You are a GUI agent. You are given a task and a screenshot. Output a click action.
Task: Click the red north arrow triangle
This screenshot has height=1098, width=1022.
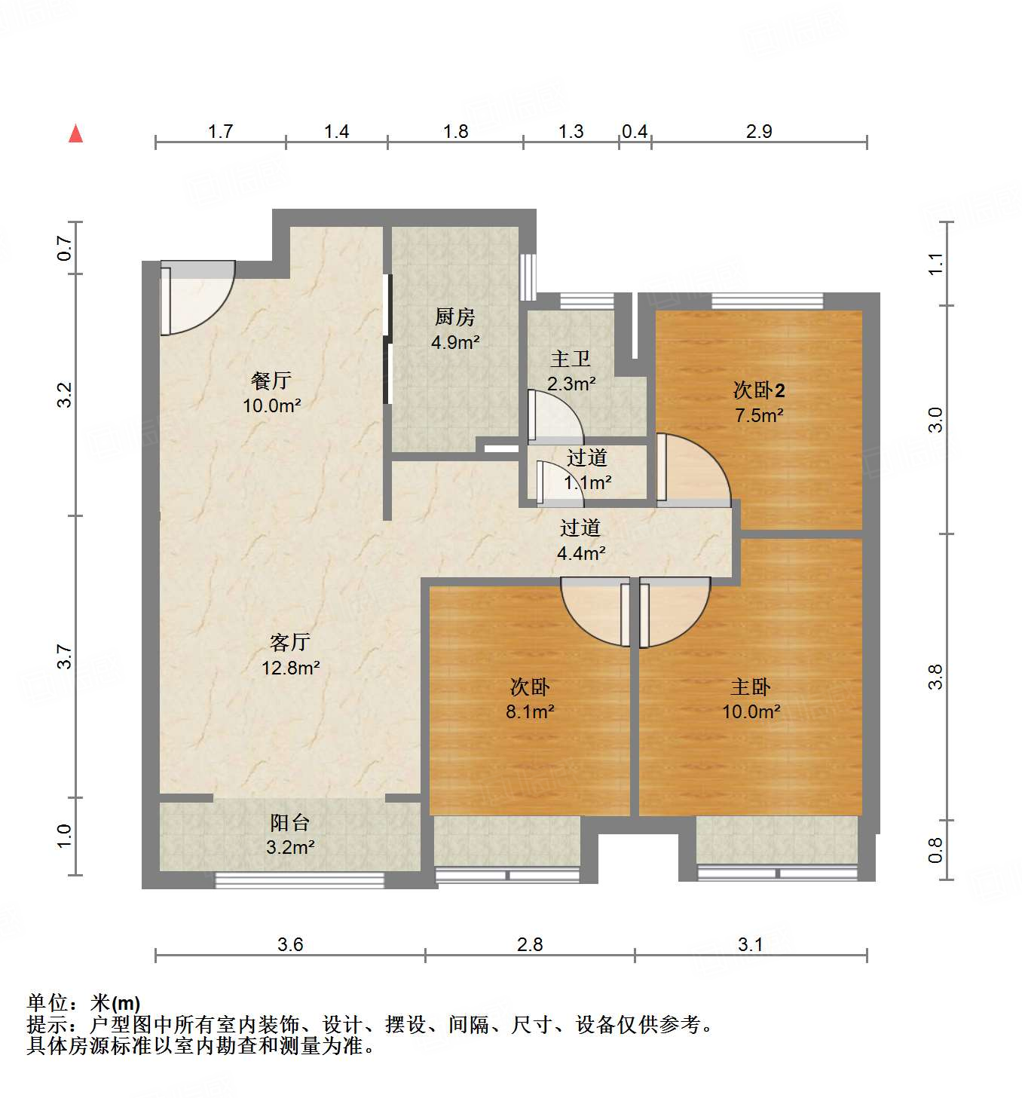[x=75, y=134]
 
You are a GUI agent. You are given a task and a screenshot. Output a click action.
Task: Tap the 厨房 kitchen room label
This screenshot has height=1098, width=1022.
[x=455, y=317]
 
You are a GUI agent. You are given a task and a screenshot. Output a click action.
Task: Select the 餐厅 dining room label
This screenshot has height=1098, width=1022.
[x=271, y=381]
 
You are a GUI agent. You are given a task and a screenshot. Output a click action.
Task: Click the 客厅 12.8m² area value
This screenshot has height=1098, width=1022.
[x=291, y=668]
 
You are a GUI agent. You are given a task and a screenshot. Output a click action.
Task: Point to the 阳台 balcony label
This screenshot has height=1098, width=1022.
[x=290, y=822]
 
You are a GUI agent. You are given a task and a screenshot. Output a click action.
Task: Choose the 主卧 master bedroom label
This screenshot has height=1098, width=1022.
[x=751, y=687]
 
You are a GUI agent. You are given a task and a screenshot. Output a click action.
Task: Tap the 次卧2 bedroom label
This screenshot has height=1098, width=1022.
[x=759, y=390]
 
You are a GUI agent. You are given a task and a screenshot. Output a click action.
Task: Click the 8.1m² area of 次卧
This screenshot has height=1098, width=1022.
[x=531, y=711]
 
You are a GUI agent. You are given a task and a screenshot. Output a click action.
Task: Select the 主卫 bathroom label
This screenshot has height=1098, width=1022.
[x=571, y=359]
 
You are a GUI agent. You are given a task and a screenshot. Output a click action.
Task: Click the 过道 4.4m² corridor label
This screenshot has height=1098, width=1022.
[x=580, y=528]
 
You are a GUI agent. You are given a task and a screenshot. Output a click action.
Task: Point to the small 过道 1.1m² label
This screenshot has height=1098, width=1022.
[x=587, y=457]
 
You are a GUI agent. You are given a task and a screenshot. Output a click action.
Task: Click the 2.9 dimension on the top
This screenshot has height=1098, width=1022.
[x=759, y=131]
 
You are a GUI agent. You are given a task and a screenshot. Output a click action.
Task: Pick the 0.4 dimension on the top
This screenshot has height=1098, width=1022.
[x=635, y=131]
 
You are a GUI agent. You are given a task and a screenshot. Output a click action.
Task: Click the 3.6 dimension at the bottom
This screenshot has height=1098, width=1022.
[x=290, y=944]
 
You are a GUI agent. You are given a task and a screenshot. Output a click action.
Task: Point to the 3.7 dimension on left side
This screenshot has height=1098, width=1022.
[x=65, y=656]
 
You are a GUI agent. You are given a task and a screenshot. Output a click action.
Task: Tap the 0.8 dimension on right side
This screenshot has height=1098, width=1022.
[x=935, y=850]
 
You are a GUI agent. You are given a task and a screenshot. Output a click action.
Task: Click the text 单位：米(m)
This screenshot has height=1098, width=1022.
[x=84, y=1003]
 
